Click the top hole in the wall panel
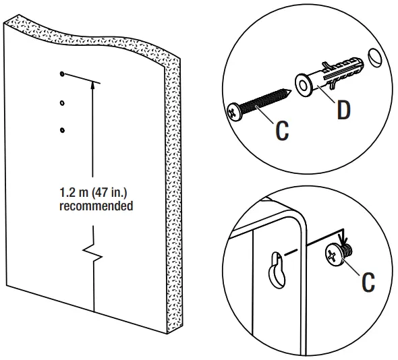pyautogui.click(x=61, y=73)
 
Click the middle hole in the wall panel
pyautogui.click(x=62, y=103)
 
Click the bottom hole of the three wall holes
pyautogui.click(x=61, y=129)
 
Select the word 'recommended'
pyautogui.click(x=96, y=207)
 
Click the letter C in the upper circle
pyautogui.click(x=281, y=131)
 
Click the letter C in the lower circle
pyautogui.click(x=368, y=282)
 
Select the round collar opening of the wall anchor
pyautogui.click(x=303, y=85)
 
